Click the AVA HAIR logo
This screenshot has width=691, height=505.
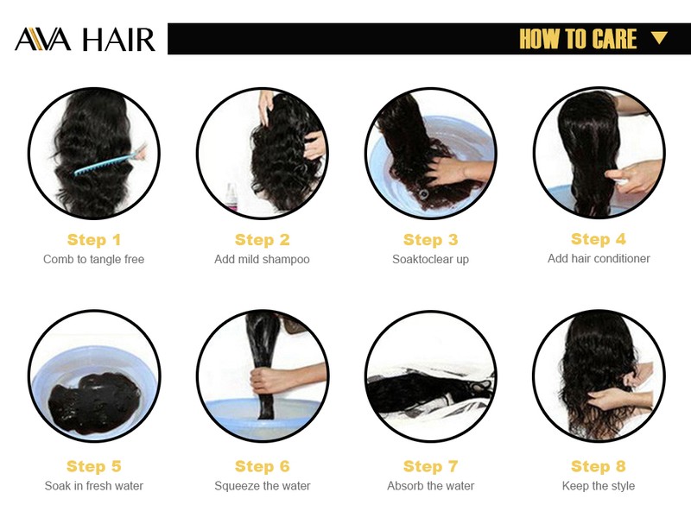(x=85, y=40)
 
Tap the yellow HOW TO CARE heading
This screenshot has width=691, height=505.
(x=578, y=39)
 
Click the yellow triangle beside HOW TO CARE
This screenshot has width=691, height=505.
(x=659, y=38)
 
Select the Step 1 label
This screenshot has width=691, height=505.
(x=94, y=240)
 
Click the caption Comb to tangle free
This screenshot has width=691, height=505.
(x=94, y=259)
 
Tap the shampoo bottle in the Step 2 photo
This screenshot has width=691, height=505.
(x=231, y=197)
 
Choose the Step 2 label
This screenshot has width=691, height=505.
(x=263, y=240)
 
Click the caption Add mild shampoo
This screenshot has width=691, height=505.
(x=263, y=259)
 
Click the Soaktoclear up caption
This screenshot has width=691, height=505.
(x=430, y=259)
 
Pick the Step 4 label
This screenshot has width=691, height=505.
(x=599, y=239)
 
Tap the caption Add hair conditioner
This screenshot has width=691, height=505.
(x=599, y=258)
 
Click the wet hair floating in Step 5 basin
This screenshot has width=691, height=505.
(x=93, y=401)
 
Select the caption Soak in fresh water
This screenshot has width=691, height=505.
(x=94, y=486)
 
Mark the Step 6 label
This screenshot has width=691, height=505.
(x=263, y=466)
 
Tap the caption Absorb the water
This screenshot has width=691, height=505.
(x=430, y=486)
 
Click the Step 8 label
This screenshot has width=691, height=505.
(x=599, y=466)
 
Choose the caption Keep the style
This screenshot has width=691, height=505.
(x=599, y=486)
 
